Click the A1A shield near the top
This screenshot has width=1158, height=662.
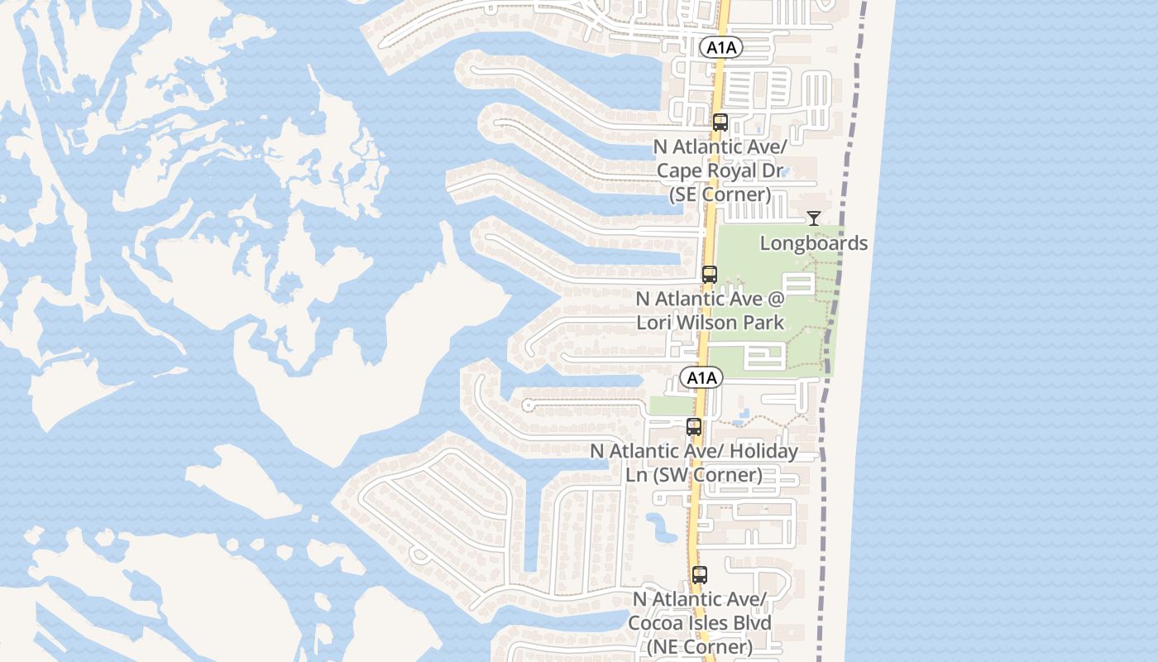tap(721, 48)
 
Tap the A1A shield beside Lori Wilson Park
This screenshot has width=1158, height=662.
tap(701, 378)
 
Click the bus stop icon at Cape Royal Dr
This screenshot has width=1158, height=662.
tap(720, 122)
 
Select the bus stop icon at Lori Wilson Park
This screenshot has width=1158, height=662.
tap(710, 275)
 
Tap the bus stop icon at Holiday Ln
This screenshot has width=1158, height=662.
tap(694, 427)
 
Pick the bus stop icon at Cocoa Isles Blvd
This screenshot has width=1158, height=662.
tap(700, 574)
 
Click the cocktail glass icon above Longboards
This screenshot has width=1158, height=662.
tap(814, 218)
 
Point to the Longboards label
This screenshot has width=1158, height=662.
tap(814, 243)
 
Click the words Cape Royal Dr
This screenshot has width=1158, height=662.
tap(718, 171)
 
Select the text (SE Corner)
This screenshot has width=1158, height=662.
tap(720, 195)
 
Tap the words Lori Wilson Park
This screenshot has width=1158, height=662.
tap(710, 322)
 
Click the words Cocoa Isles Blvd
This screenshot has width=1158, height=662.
tap(700, 623)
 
